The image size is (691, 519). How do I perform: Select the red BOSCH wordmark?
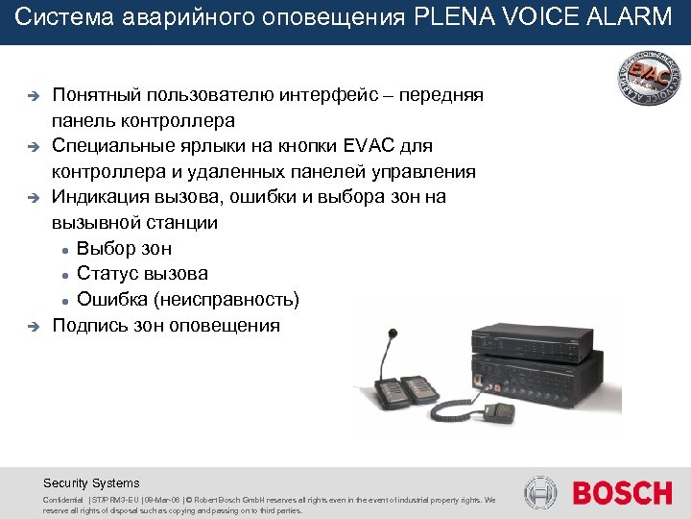point(623,494)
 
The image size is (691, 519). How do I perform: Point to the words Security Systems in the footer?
point(91,483)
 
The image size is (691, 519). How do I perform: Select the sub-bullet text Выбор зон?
point(124,248)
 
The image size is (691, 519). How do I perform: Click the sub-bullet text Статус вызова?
point(142,274)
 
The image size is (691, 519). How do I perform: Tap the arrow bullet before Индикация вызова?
point(31,198)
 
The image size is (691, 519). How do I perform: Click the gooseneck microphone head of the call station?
point(390,337)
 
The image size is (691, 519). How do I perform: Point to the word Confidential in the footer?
point(62,501)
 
